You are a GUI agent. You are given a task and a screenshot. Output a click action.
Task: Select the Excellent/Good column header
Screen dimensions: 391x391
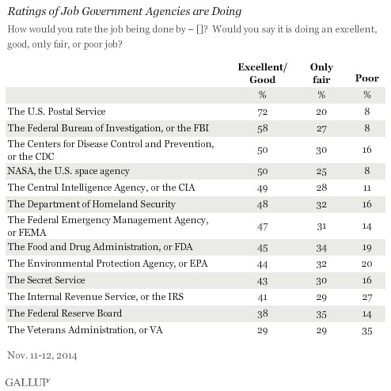256,74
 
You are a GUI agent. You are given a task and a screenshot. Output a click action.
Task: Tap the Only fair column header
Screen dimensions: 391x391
322,74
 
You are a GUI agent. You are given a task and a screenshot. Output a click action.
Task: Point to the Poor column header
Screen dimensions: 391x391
366,79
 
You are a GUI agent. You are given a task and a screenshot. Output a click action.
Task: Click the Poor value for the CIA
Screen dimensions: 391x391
366,187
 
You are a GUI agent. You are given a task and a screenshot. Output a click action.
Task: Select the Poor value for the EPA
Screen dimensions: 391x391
366,262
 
